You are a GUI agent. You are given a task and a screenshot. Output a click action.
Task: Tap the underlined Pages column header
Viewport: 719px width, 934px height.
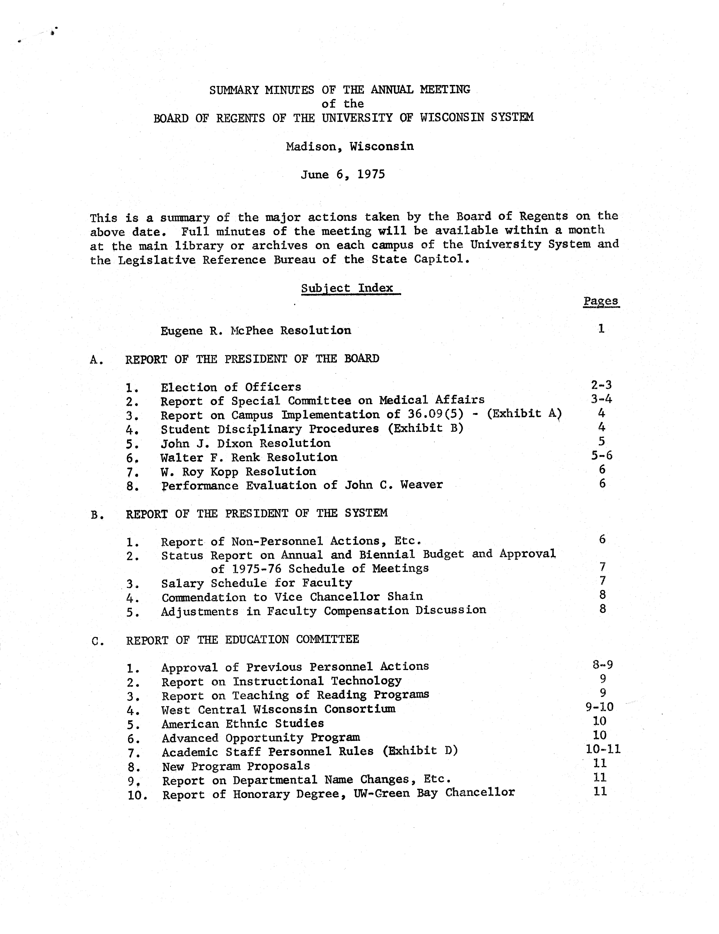click(x=601, y=301)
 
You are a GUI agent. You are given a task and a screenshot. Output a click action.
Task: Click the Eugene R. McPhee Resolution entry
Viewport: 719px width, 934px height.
click(x=255, y=331)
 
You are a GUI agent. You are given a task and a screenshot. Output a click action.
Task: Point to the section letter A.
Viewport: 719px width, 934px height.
click(x=96, y=360)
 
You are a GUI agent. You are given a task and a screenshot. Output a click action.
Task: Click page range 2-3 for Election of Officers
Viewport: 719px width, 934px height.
click(x=601, y=385)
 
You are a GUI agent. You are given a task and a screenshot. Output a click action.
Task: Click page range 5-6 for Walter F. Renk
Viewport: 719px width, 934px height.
click(x=602, y=455)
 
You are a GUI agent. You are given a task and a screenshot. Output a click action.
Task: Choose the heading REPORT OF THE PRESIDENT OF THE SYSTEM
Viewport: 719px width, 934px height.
click(x=257, y=513)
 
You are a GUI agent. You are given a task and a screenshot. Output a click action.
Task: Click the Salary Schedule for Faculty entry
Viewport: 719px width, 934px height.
click(x=256, y=583)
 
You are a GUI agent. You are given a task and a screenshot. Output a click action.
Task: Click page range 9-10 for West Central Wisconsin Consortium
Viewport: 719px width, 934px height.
click(x=600, y=707)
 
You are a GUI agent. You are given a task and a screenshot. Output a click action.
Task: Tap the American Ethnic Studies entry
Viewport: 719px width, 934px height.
click(x=243, y=724)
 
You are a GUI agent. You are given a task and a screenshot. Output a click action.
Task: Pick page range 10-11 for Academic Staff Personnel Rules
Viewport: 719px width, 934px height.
click(x=603, y=749)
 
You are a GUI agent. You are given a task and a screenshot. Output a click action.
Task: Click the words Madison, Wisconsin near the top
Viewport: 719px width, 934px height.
click(x=350, y=147)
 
